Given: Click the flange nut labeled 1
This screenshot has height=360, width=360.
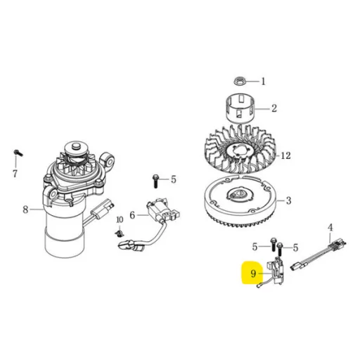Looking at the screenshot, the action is [239, 81].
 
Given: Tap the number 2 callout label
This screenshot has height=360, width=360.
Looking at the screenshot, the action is [274, 108].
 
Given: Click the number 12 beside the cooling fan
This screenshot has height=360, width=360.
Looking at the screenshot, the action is [285, 155].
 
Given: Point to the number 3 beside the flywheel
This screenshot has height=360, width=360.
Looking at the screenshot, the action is [288, 200].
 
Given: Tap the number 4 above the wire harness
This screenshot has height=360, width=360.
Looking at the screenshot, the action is [330, 227].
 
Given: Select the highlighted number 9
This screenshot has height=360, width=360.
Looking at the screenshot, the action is [253, 274].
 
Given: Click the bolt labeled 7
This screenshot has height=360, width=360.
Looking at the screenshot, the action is [18, 153].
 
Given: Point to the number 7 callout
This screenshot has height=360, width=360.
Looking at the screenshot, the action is [15, 174].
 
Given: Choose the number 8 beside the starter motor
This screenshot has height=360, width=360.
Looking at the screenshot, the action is [25, 210].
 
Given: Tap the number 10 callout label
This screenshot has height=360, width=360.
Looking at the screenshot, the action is [120, 220].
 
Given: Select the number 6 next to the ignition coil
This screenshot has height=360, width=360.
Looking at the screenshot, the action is [132, 215].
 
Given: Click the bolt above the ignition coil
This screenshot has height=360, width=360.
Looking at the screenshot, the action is [155, 181].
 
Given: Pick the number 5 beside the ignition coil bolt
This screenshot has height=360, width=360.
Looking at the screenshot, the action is [173, 179].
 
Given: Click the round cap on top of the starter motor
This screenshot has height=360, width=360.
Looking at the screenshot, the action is [75, 147].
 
